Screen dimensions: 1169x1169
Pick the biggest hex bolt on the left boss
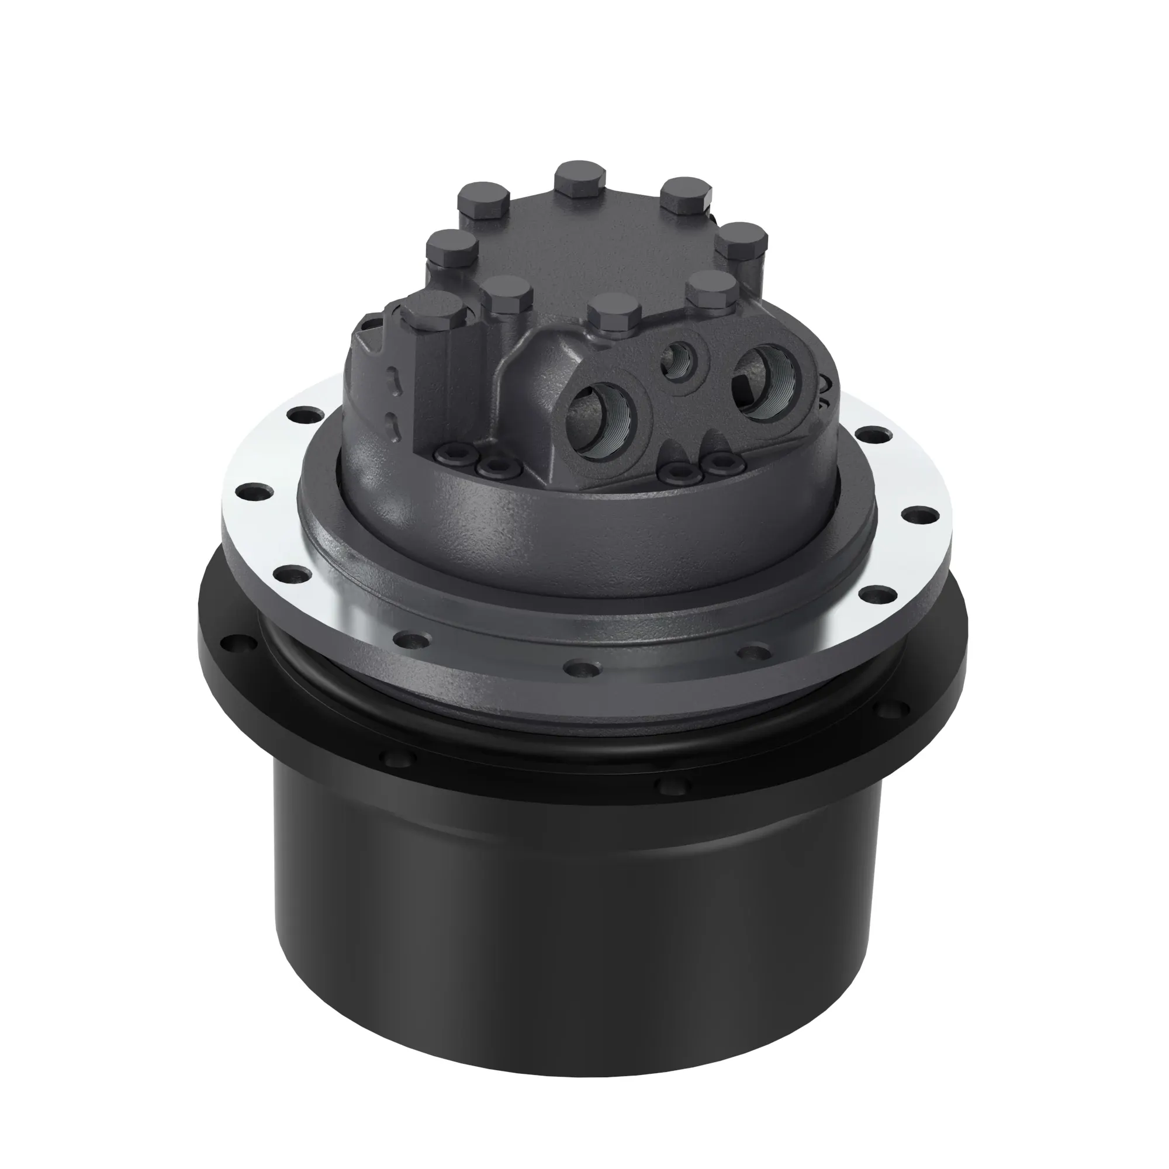[x=434, y=310]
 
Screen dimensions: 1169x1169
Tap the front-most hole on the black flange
[x=673, y=787]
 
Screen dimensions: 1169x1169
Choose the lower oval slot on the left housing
[x=395, y=424]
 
